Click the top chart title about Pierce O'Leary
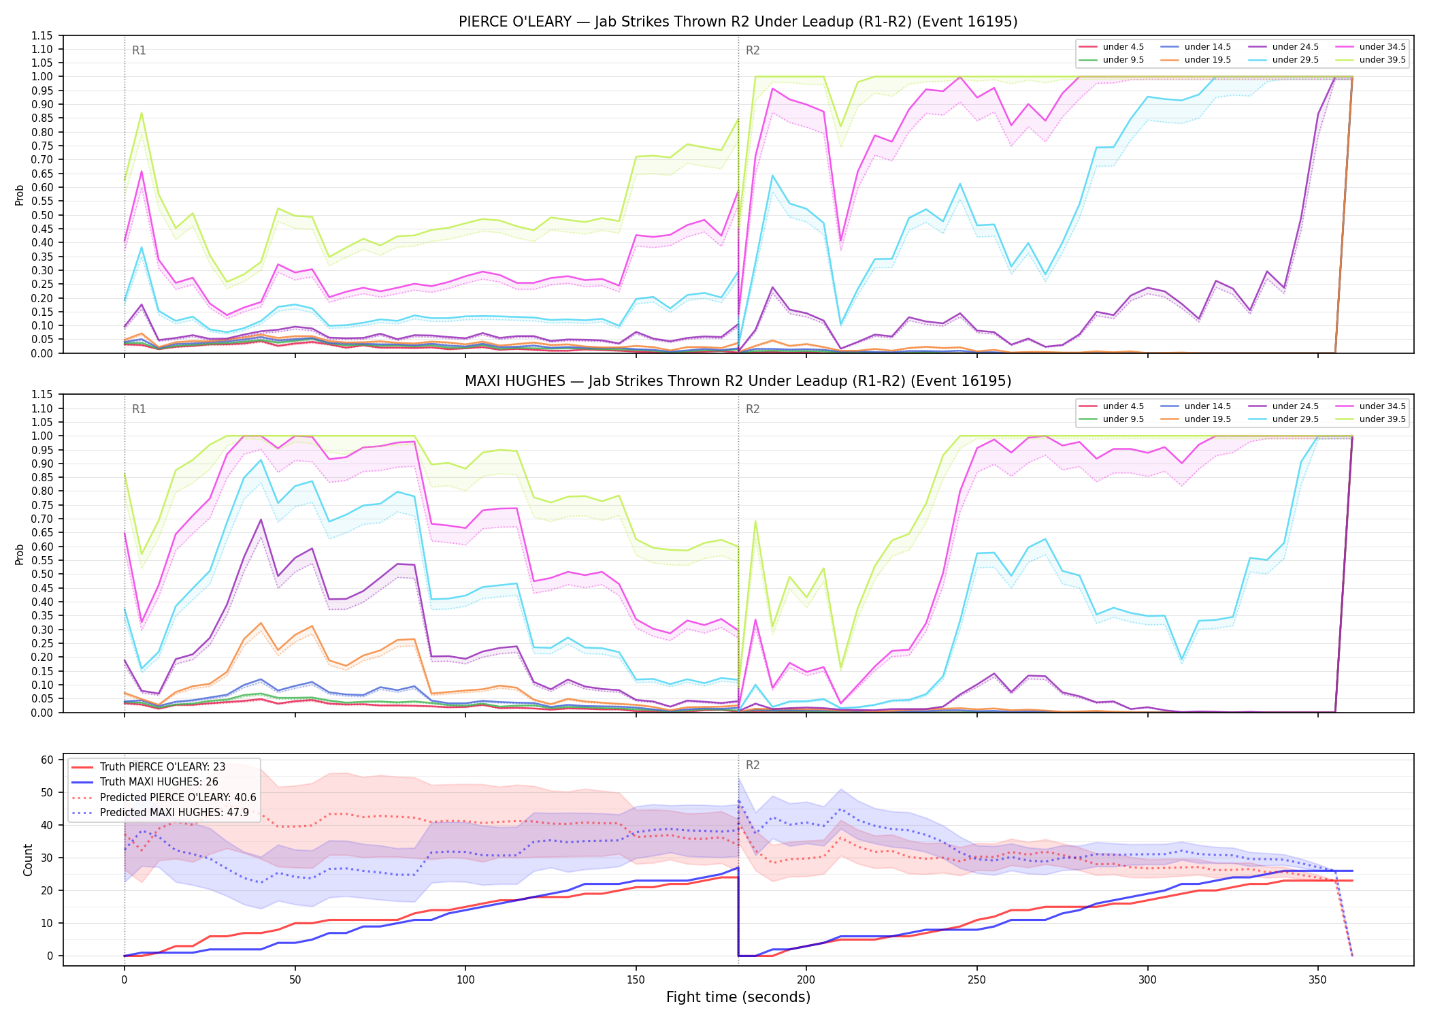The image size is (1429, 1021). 738,22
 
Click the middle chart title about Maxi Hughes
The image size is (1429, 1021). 738,381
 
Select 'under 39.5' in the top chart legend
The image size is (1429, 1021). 1382,60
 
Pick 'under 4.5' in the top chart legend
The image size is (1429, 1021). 1123,47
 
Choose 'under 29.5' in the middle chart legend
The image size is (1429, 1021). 1295,419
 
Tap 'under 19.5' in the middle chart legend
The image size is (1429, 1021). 1207,419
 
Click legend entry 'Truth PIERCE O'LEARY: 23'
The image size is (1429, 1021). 163,767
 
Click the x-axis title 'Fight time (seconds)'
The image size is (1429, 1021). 738,997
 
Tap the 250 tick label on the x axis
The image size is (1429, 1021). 976,980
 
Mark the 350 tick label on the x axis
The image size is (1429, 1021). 1317,980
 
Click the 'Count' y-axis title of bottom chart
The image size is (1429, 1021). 28,860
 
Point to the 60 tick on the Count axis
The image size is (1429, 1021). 47,760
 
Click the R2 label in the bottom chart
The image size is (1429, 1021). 753,765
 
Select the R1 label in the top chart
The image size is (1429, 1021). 139,50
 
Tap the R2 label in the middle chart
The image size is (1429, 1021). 753,409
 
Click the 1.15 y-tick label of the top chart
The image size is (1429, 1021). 42,35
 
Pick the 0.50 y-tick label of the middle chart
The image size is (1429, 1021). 42,574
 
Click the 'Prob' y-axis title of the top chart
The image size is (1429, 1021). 20,195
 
